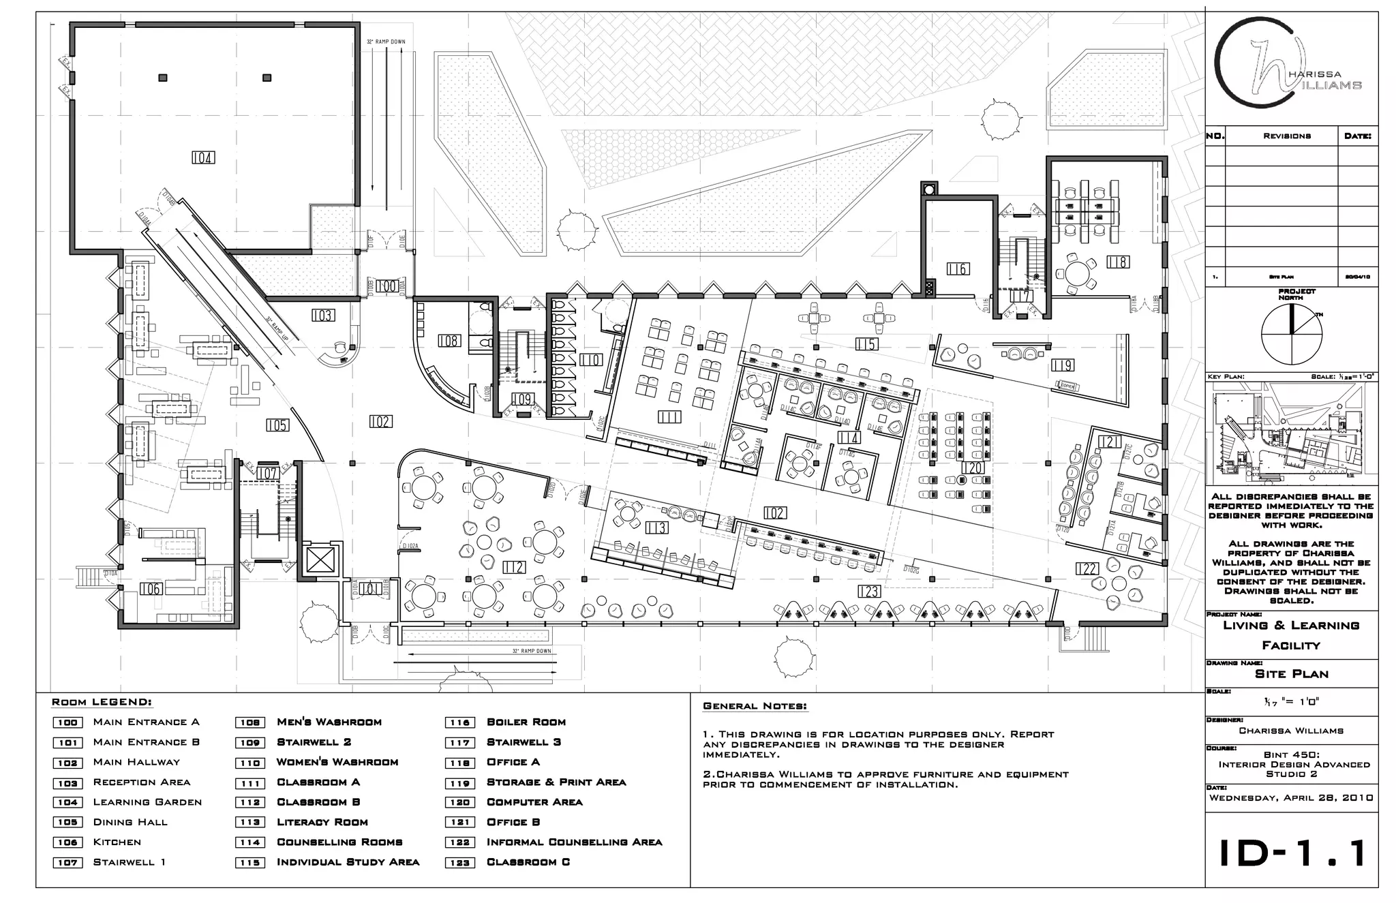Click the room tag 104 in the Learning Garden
click(203, 158)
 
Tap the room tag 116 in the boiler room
click(958, 269)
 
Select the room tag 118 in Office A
click(1118, 262)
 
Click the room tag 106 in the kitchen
click(151, 589)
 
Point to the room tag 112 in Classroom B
click(514, 567)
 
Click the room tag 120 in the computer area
click(973, 468)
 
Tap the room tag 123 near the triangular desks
click(868, 592)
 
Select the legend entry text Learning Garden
click(147, 802)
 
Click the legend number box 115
click(250, 863)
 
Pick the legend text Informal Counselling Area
click(574, 842)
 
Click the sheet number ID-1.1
click(1292, 853)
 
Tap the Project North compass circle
click(1291, 334)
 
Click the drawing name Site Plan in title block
click(1292, 674)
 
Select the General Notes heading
click(755, 706)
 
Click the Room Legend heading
click(102, 703)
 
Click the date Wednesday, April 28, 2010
click(1291, 798)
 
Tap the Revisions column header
click(1286, 136)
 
